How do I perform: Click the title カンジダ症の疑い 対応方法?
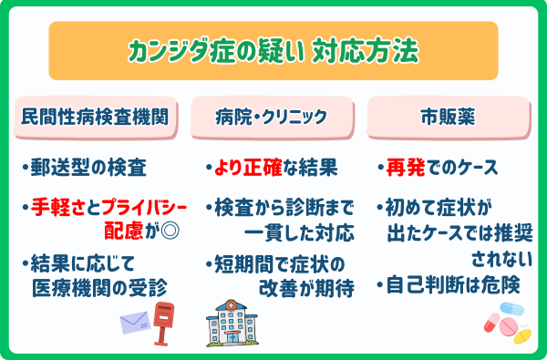coord(273,51)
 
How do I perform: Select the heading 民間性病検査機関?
coord(96,118)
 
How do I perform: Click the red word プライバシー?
coord(129,206)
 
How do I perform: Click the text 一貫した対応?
coord(296,231)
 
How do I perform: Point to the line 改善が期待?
coord(300,289)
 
